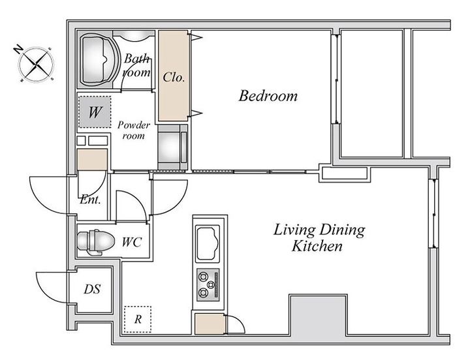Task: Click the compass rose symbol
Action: tap(37, 64)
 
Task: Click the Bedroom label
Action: tap(268, 96)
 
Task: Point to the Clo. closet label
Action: tap(174, 77)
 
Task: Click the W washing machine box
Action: tap(95, 112)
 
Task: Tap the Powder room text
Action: tap(134, 130)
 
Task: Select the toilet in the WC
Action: tap(95, 242)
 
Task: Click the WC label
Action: tap(132, 242)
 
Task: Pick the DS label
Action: tap(92, 290)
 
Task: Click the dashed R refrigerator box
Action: tap(138, 320)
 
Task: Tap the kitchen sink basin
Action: tap(208, 243)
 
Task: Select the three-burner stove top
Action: tap(208, 284)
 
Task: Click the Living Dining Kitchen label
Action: tap(319, 238)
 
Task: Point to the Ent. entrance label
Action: tap(90, 200)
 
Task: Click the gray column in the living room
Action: tap(318, 315)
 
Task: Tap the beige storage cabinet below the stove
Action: tap(210, 323)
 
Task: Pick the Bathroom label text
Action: tap(136, 65)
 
